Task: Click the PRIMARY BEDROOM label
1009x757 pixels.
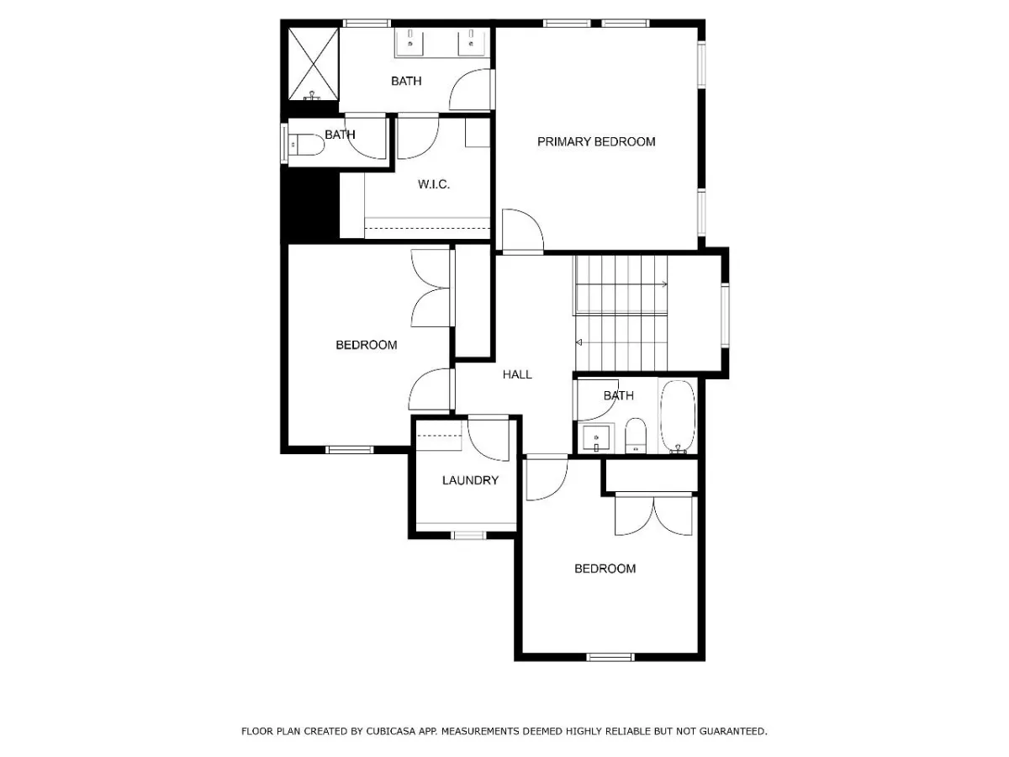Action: point(596,141)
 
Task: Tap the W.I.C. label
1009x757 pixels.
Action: point(434,184)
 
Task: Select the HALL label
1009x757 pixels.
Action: point(517,374)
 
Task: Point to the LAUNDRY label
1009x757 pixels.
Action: point(470,480)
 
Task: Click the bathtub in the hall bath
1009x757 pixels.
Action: point(678,416)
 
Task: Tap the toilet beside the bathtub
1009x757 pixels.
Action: point(636,436)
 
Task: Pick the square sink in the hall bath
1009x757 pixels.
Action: point(596,438)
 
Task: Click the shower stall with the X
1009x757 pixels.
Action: point(314,63)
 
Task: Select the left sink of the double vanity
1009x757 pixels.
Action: point(409,42)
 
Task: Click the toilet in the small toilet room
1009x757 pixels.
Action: point(306,145)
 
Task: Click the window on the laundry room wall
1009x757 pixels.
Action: point(468,536)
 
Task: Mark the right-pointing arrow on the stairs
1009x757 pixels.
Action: point(621,284)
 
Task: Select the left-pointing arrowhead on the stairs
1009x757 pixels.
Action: point(579,342)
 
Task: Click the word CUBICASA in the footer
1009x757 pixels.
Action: point(390,731)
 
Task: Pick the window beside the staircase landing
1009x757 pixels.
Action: point(725,315)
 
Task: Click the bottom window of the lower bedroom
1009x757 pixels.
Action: point(610,657)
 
